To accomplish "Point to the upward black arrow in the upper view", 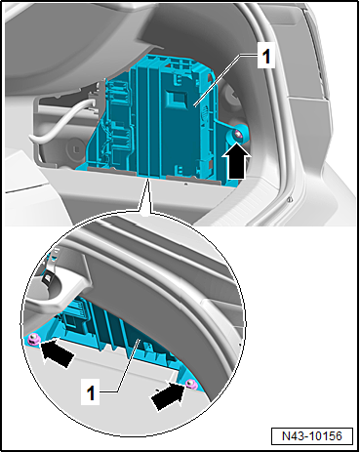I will coord(235,159).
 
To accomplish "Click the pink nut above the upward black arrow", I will coord(237,133).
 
